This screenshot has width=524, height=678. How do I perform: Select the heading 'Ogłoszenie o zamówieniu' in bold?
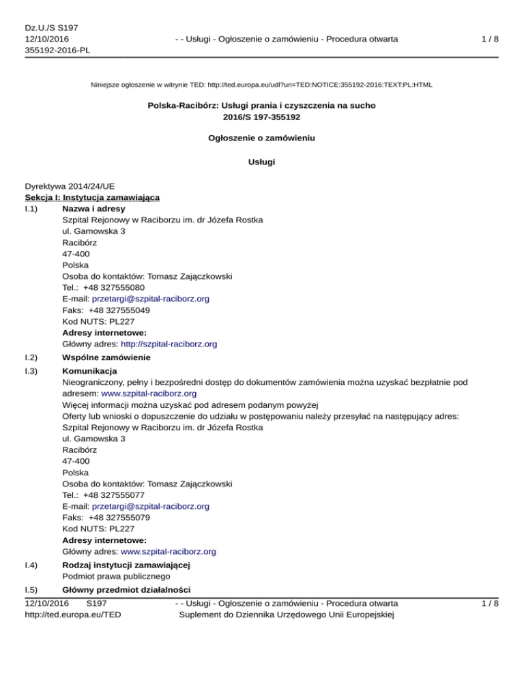[261, 137]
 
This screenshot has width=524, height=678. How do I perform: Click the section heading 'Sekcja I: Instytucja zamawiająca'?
[92, 197]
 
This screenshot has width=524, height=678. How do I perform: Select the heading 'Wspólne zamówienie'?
[106, 357]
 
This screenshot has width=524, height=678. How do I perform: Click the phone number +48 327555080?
[111, 287]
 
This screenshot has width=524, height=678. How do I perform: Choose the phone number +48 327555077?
[111, 495]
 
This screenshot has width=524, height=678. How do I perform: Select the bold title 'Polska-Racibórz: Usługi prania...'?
[261, 106]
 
